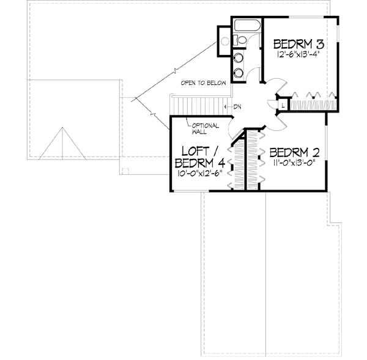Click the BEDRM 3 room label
tap(298, 44)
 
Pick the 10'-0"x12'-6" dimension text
tap(199, 174)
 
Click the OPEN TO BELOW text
tap(204, 83)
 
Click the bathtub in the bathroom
tap(248, 28)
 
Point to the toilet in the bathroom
tap(240, 40)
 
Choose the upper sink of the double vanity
tap(239, 59)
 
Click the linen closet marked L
tap(283, 105)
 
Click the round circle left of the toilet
tap(224, 42)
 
